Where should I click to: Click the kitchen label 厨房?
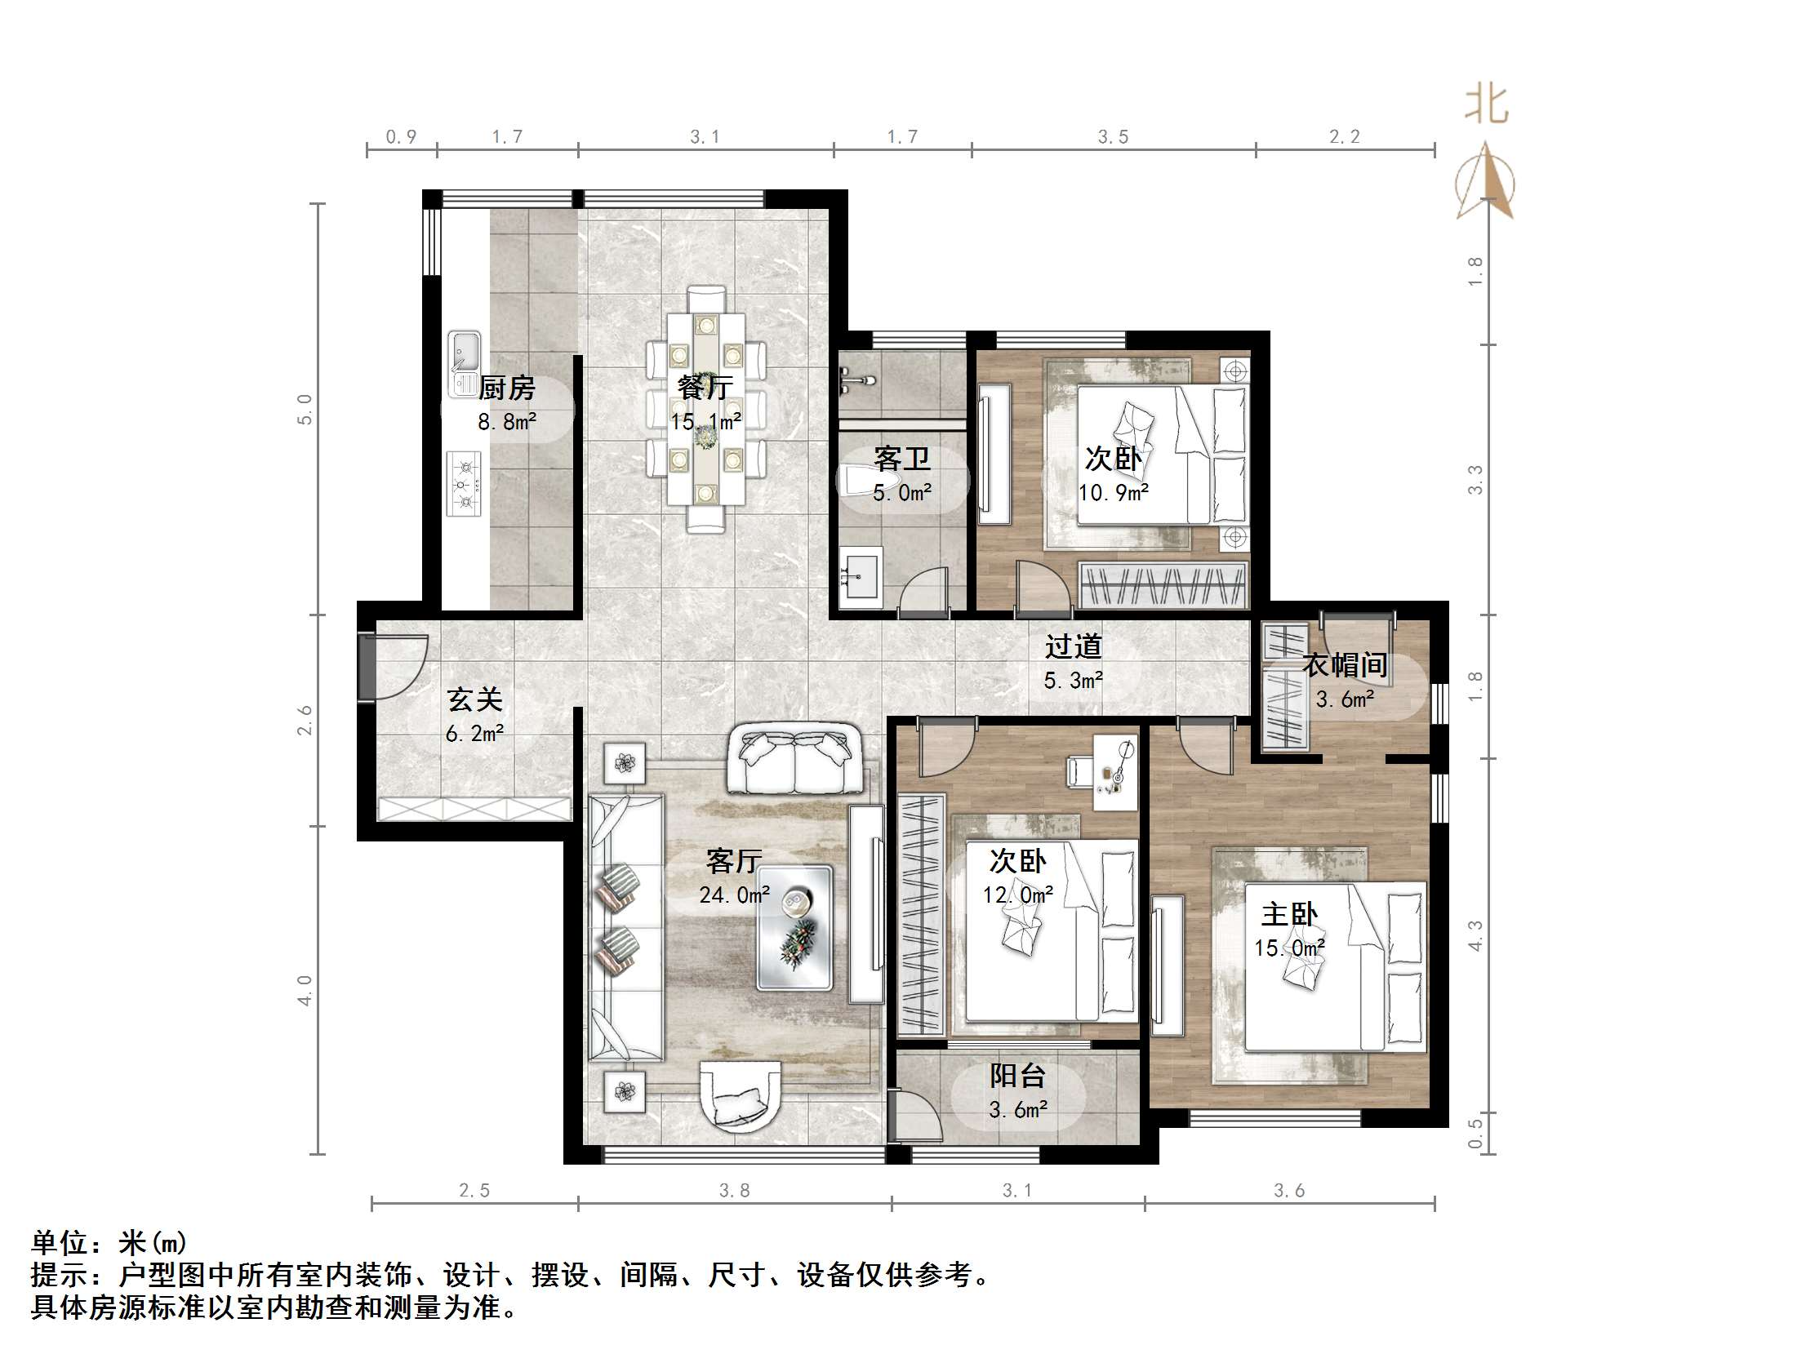(x=506, y=388)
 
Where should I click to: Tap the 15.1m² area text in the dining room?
(x=706, y=422)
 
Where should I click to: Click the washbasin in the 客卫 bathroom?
(x=861, y=578)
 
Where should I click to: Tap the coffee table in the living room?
(x=794, y=927)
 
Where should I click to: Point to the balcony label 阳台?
(x=1017, y=1077)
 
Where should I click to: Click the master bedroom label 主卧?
(x=1289, y=914)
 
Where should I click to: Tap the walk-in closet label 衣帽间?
(x=1345, y=665)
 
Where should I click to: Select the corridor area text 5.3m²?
(x=1074, y=680)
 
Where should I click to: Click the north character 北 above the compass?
(x=1486, y=105)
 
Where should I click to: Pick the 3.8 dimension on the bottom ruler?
(x=734, y=1191)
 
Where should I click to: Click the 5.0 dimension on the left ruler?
(x=305, y=409)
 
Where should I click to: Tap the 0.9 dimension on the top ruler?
(x=401, y=136)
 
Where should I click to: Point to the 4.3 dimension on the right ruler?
(x=1475, y=935)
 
